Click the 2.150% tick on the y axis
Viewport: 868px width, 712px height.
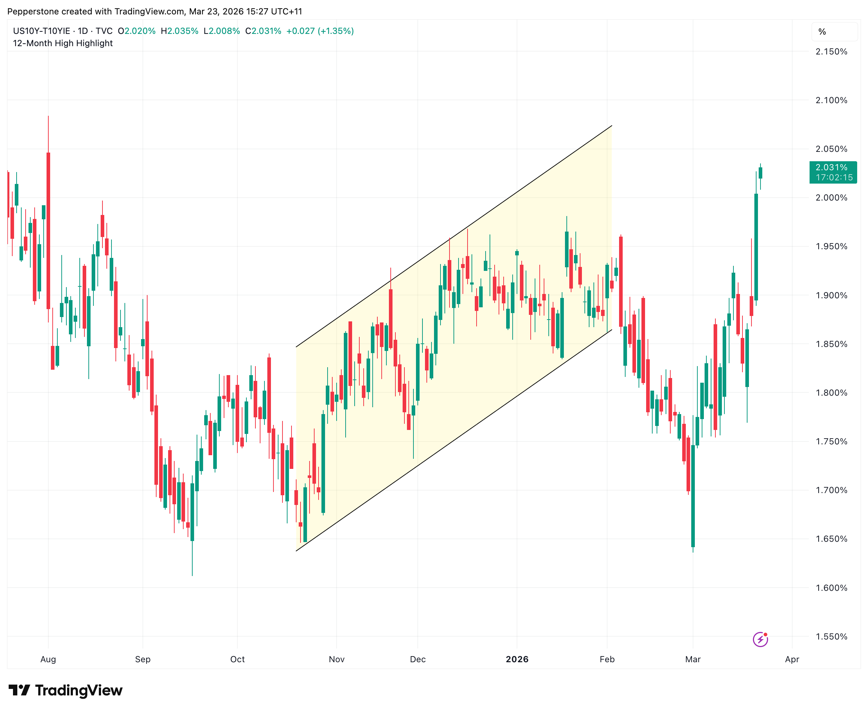(x=831, y=52)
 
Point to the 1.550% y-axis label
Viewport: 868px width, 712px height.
(x=831, y=637)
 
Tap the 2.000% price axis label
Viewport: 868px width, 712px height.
(x=831, y=198)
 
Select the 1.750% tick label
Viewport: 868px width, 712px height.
(x=831, y=442)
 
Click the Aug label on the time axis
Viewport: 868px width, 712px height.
(x=48, y=659)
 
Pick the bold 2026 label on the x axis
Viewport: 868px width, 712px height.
(x=517, y=659)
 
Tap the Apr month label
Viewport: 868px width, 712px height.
(x=792, y=659)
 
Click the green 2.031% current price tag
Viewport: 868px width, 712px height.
(x=833, y=172)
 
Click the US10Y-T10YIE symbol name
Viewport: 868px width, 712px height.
(x=41, y=31)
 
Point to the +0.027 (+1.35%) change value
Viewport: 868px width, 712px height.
(x=320, y=31)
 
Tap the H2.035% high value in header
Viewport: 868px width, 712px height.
(x=179, y=31)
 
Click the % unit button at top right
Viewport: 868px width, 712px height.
(x=822, y=32)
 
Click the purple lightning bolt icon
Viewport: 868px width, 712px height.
(x=760, y=639)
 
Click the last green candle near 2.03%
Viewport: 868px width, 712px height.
(x=760, y=173)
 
